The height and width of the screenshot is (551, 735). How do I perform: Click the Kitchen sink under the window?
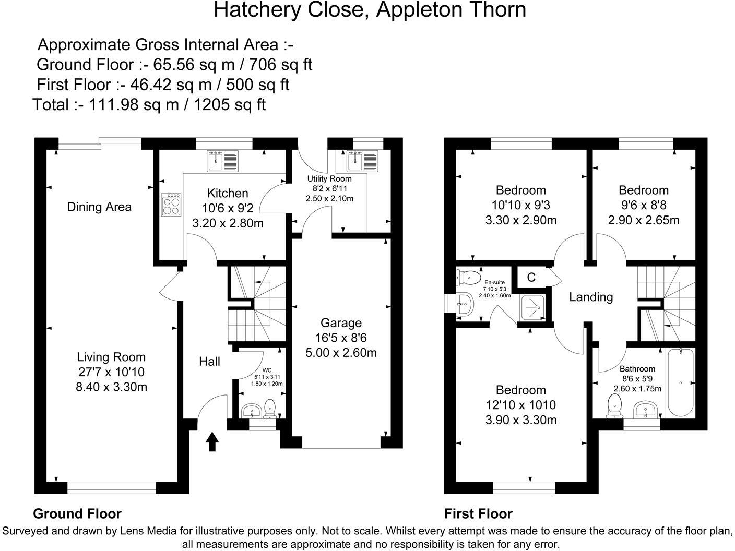(x=223, y=161)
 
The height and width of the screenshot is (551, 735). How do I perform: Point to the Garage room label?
(x=341, y=323)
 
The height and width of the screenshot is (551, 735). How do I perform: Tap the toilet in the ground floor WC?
(x=270, y=409)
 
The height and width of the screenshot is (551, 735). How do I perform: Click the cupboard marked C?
(x=531, y=278)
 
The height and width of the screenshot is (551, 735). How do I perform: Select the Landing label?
(x=590, y=297)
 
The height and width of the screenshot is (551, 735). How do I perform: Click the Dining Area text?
(x=99, y=207)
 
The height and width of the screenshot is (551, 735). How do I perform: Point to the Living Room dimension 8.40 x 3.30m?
(x=111, y=387)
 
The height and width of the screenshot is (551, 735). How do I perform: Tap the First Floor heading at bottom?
(x=478, y=514)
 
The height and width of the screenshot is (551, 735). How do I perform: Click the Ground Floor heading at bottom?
(x=77, y=514)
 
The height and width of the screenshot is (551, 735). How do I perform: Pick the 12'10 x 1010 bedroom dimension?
(x=520, y=405)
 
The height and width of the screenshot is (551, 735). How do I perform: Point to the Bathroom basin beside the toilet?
(x=645, y=410)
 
